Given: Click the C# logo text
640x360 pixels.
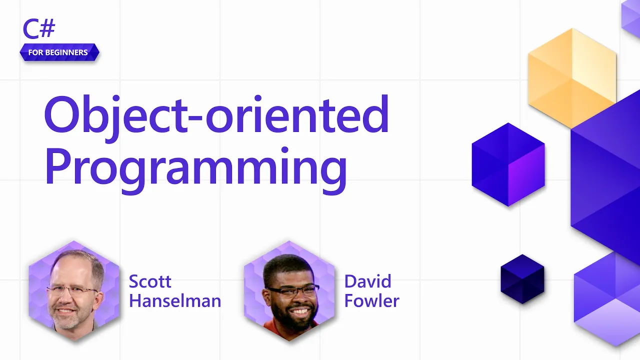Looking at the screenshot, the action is pos(39,28).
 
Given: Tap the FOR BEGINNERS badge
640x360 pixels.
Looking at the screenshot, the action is pos(59,52).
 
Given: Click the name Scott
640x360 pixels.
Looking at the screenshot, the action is pos(150,281).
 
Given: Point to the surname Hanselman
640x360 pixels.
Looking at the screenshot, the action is pos(175,301).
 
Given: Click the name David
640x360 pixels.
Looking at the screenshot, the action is pos(367,281).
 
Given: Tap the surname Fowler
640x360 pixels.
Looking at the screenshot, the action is pos(371,301).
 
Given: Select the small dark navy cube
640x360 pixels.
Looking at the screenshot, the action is pos(522,279).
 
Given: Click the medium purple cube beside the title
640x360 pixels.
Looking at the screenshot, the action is pos(508,164).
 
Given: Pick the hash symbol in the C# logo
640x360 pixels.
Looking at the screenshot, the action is pos(47,28).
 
